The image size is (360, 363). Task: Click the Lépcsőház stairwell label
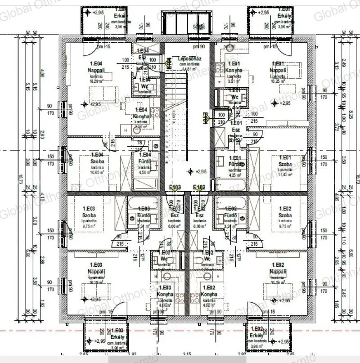pos(189,59)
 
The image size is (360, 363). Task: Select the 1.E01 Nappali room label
pos(277,70)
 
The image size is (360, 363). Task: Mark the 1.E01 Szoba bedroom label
pos(286,163)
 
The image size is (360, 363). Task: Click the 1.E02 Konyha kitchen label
pos(210,294)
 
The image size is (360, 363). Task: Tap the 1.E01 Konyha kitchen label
pos(234,70)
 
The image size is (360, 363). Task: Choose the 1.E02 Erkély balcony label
pos(258,336)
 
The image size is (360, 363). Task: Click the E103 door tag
pos(175,187)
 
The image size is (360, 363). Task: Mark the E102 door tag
pos(199,187)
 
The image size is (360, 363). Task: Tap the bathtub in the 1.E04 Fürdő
pos(144,184)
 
